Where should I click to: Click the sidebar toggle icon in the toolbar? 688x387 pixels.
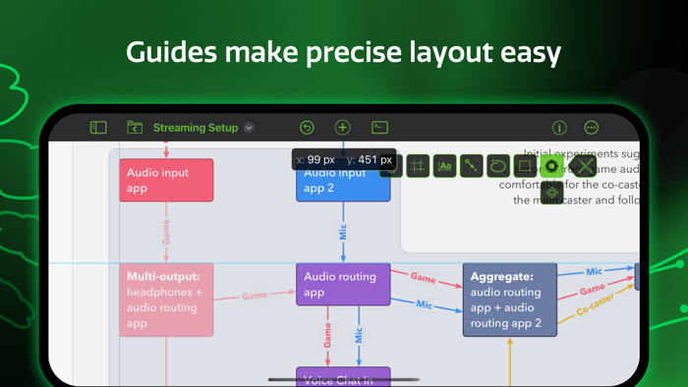[98, 128]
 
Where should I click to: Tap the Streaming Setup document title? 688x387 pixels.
[196, 128]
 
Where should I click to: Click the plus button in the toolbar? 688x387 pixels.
[342, 128]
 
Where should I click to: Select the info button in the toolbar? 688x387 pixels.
[559, 128]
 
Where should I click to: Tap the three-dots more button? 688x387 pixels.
[591, 128]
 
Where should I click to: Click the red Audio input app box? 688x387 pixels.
[166, 181]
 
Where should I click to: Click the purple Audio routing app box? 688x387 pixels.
[343, 284]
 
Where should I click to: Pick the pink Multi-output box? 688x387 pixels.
[166, 300]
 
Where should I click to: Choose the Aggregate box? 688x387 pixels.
[509, 300]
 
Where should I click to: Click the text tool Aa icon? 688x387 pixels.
[444, 166]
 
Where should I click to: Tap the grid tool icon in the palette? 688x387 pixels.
[418, 166]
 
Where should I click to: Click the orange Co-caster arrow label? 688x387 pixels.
[595, 305]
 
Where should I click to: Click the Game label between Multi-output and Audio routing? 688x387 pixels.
[255, 295]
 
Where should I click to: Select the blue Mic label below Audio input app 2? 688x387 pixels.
[343, 232]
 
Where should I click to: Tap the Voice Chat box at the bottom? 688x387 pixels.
[343, 379]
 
